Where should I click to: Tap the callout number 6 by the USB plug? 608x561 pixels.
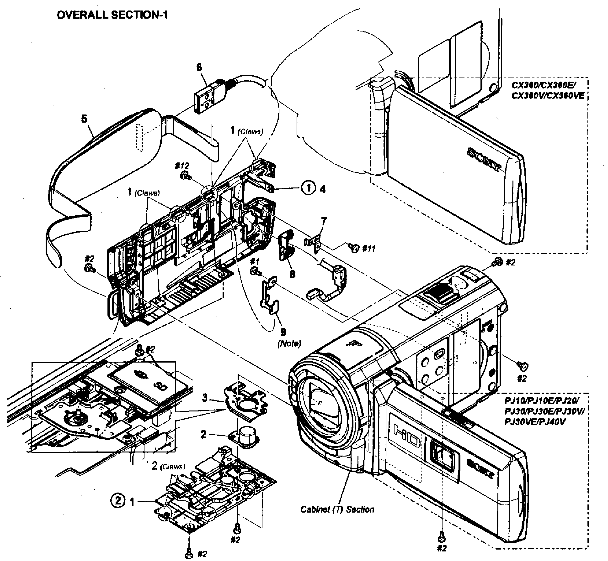(199, 68)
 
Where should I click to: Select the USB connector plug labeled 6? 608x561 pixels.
(210, 97)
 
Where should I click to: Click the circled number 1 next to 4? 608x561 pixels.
(308, 188)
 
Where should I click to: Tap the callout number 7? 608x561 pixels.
(324, 221)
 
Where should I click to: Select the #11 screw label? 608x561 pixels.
(369, 249)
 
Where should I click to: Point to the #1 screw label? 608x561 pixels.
(255, 261)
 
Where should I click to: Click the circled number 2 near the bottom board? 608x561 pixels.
(118, 500)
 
